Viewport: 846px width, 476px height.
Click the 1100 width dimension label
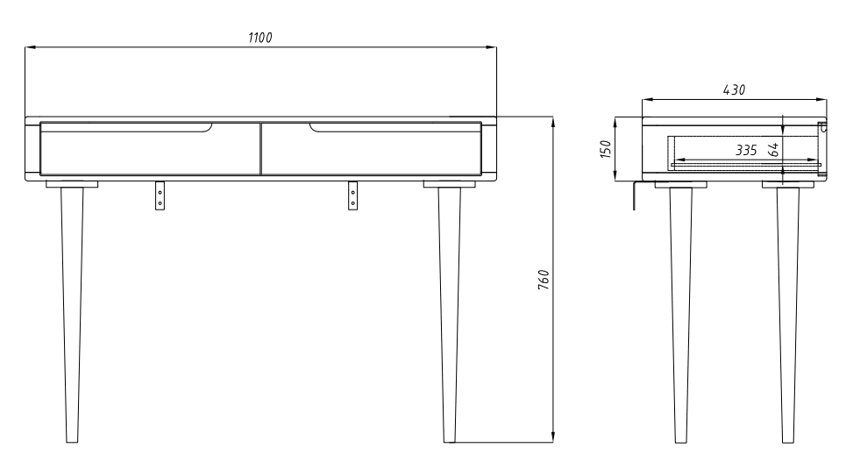(x=260, y=38)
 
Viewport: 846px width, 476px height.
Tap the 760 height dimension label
(x=544, y=280)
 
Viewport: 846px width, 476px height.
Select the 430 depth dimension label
(x=735, y=90)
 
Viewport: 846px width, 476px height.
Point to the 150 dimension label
(x=606, y=149)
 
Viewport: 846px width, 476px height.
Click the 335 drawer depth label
(x=746, y=150)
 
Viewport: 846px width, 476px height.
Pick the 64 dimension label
(x=774, y=150)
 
